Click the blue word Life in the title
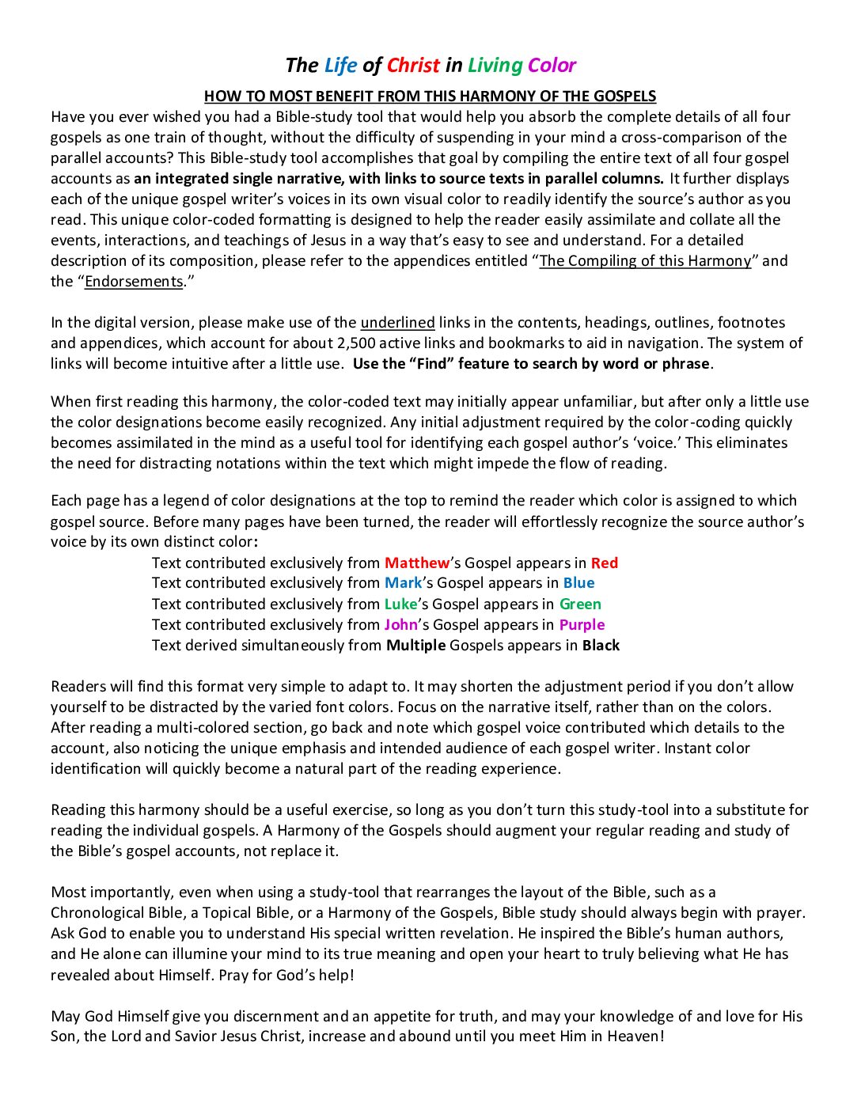(x=340, y=65)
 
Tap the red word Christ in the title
(x=413, y=65)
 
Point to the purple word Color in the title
(x=552, y=65)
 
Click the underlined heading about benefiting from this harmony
(x=430, y=97)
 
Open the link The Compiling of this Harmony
(x=645, y=260)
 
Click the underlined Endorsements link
(x=134, y=281)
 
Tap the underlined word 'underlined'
(x=397, y=322)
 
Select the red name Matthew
(x=416, y=563)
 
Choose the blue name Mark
(x=403, y=583)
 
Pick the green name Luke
(x=400, y=604)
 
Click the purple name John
(x=400, y=624)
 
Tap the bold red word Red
(x=605, y=563)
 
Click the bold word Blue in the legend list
(x=578, y=583)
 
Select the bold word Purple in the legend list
(x=582, y=624)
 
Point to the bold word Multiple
(x=415, y=645)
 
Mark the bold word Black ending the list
(x=601, y=645)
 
